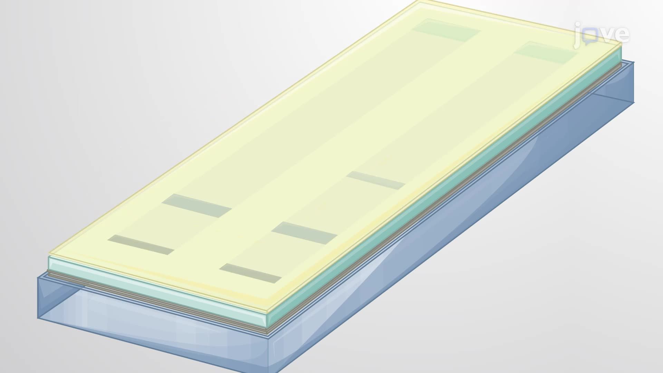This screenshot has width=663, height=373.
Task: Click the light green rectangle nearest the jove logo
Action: tap(546, 52)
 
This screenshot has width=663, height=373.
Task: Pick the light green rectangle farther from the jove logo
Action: tap(446, 30)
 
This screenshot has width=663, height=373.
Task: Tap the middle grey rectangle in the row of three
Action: tap(304, 233)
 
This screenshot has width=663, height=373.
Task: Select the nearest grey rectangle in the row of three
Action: tap(250, 273)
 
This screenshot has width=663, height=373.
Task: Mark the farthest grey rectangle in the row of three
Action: tap(376, 180)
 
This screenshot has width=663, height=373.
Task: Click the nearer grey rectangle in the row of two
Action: tap(141, 245)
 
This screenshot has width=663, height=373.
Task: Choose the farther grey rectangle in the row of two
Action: tap(197, 205)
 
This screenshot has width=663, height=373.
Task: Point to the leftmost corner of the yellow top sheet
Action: tap(49, 255)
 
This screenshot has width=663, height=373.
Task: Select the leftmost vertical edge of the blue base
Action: tap(38, 297)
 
